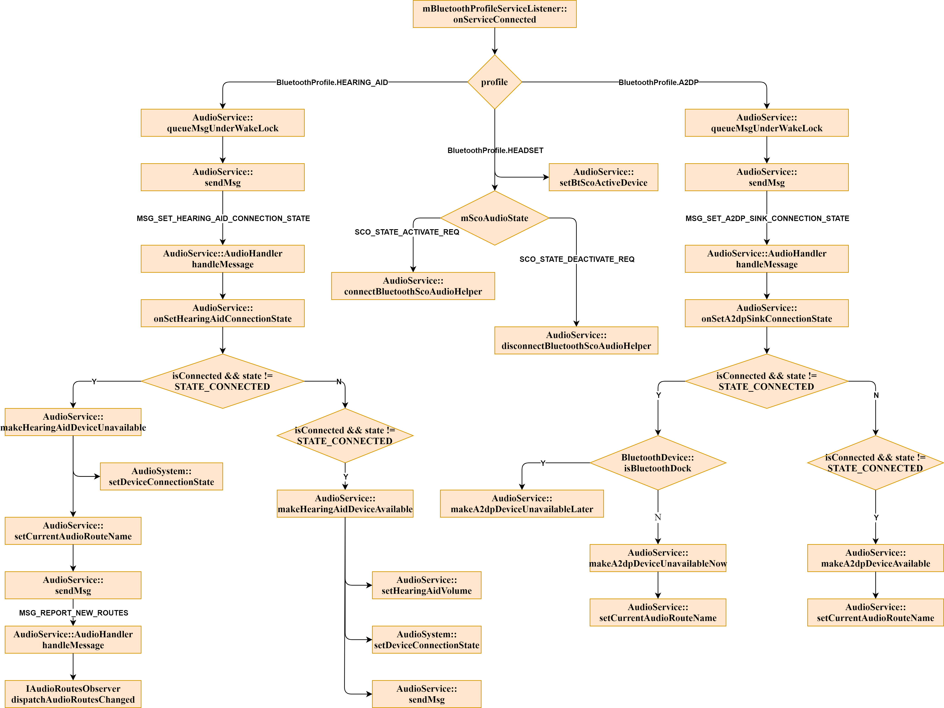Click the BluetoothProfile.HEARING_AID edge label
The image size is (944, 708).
pos(332,82)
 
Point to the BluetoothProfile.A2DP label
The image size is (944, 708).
pos(658,82)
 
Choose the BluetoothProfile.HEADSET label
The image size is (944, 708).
pos(495,150)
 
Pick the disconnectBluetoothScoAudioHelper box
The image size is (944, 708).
pos(576,341)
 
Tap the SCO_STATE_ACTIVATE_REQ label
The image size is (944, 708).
pos(407,232)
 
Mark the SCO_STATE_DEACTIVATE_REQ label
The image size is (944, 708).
pos(577,259)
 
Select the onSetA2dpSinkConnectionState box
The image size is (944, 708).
pos(766,313)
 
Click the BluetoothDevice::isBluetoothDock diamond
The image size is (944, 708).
pos(658,463)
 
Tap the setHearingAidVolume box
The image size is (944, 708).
pos(426,585)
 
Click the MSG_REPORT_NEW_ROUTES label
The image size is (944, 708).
pos(73,613)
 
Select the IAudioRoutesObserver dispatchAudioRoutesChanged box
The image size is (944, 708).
pos(73,694)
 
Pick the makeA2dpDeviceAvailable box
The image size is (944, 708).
pos(875,558)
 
